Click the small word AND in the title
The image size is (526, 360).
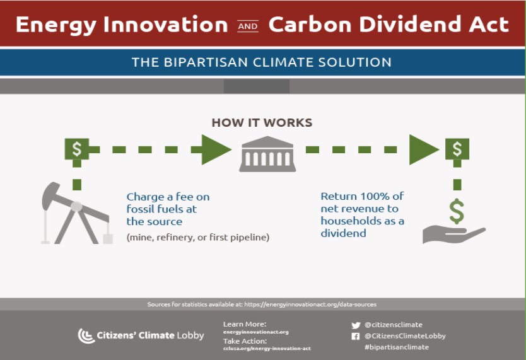click(x=248, y=26)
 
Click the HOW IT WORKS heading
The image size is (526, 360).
click(x=262, y=122)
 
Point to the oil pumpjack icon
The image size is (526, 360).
click(x=77, y=213)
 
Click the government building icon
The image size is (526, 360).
click(x=267, y=154)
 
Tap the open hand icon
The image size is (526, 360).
click(x=454, y=234)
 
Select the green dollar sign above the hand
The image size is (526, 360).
click(x=457, y=211)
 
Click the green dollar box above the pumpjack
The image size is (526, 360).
click(x=77, y=149)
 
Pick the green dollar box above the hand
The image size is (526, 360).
click(x=457, y=149)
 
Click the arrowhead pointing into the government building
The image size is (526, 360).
click(x=216, y=149)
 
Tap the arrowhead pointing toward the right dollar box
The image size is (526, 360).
click(x=424, y=149)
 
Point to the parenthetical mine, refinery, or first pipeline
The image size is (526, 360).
click(x=198, y=237)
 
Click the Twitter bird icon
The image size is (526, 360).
click(x=356, y=325)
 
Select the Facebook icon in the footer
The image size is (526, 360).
click(x=356, y=336)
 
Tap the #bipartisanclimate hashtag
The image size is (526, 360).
click(x=397, y=347)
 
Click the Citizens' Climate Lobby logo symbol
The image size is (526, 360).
click(x=86, y=335)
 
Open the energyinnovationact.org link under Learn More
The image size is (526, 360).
click(x=256, y=332)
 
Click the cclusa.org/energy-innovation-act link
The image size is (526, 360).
click(x=267, y=349)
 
